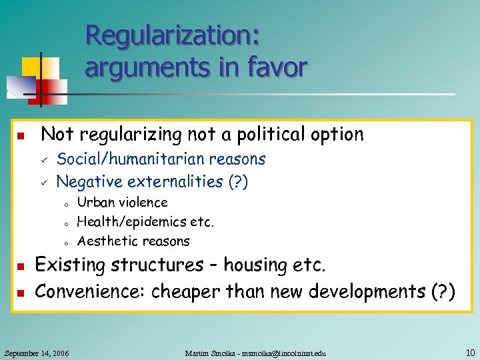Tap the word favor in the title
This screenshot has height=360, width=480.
tap(275, 67)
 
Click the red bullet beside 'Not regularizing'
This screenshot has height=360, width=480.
tap(21, 137)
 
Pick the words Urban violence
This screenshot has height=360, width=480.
tap(122, 202)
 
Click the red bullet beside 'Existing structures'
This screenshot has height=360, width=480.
tap(21, 267)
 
